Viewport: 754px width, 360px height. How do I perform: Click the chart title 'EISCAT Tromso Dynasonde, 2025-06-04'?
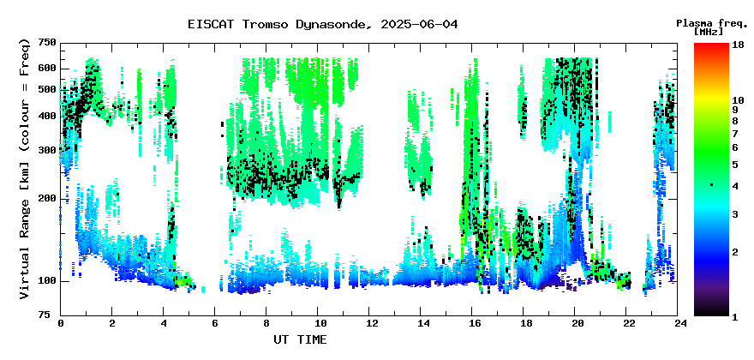323,24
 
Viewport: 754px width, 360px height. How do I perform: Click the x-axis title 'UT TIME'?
300,339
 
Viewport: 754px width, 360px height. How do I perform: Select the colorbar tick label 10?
738,100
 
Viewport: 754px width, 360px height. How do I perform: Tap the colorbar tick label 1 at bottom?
735,317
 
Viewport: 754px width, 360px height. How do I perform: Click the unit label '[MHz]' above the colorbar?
709,32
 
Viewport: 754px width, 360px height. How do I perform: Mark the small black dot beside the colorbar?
711,185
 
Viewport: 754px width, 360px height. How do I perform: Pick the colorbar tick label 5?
735,165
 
